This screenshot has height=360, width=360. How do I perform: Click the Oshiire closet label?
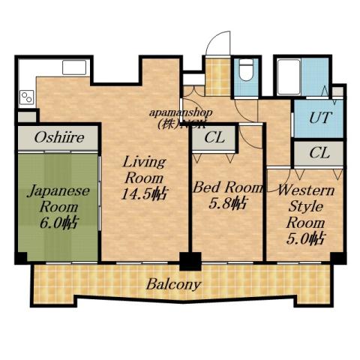coord(58,137)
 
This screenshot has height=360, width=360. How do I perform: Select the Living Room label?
coord(143,169)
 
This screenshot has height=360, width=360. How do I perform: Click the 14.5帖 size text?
coord(144,193)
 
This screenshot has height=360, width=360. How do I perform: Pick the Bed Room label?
coord(227,187)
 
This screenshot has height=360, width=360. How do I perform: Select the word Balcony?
coord(173,284)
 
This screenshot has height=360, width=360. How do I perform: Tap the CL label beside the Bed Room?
coord(214,138)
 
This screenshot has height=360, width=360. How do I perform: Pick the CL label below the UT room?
coord(319,152)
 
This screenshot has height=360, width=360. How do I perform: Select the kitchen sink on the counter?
coord(74,67)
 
